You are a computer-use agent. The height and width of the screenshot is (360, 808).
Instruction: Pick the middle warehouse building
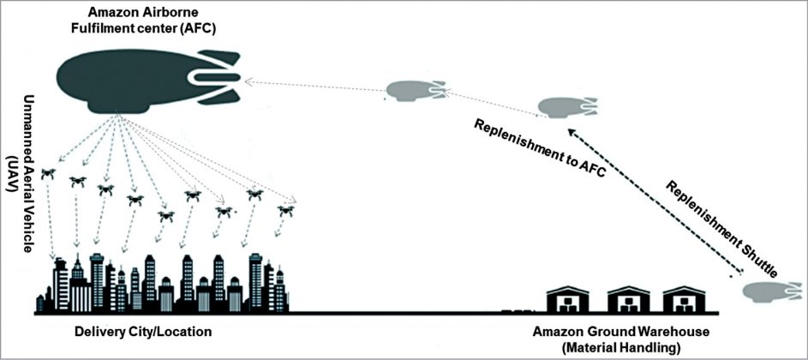(x=629, y=299)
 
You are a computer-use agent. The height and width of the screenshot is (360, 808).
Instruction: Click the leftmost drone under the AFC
(x=48, y=173)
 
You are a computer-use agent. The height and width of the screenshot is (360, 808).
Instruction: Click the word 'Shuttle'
(x=754, y=257)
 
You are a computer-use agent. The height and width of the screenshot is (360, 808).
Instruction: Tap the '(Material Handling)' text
(x=607, y=347)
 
